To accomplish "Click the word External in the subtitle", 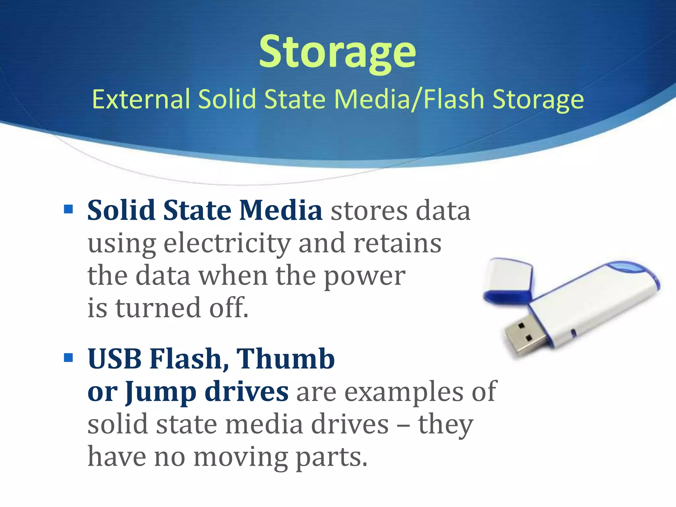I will point(141,99).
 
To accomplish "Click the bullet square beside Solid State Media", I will point(68,209).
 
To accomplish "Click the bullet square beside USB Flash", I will point(68,357).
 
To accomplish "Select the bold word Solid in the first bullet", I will point(121,210).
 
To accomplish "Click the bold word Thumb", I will point(286,359).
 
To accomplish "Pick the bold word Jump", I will point(161,392).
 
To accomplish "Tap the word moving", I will point(240,457).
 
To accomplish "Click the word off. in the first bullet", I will point(229,308).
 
